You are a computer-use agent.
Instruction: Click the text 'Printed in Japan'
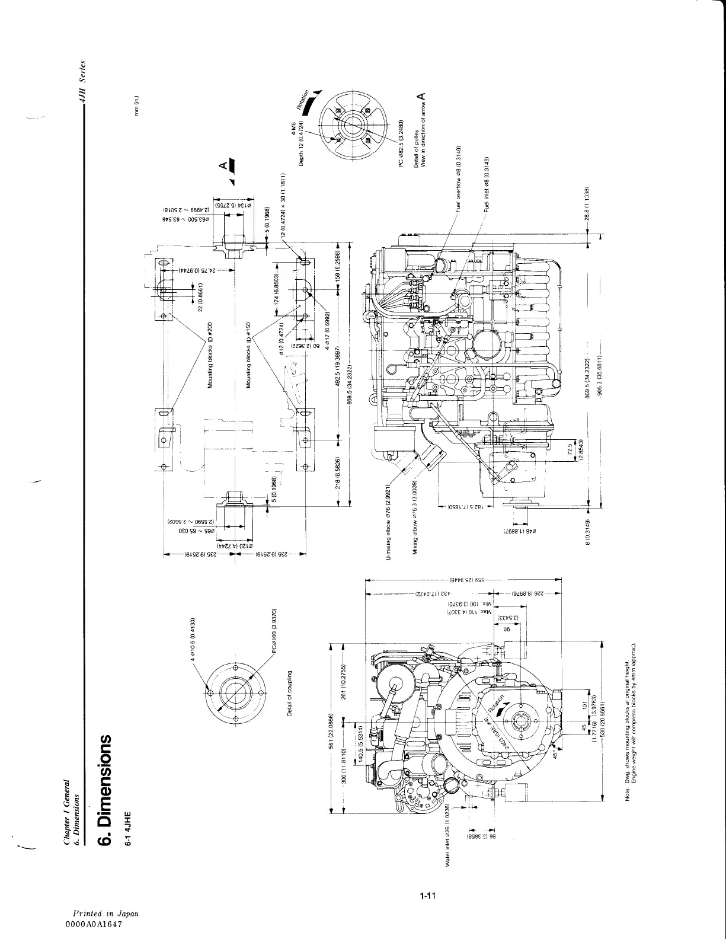click(x=105, y=914)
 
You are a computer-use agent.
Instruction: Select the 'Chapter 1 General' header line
click(x=69, y=810)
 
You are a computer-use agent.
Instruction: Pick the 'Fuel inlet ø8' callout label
click(x=487, y=184)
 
